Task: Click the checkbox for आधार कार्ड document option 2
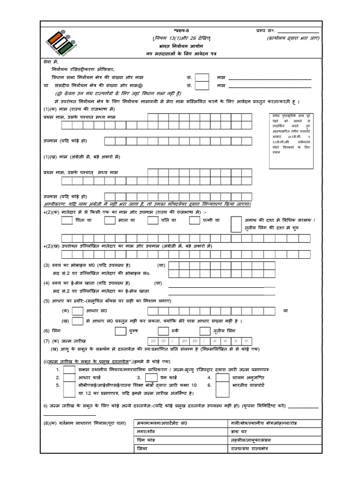tap(68, 378)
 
